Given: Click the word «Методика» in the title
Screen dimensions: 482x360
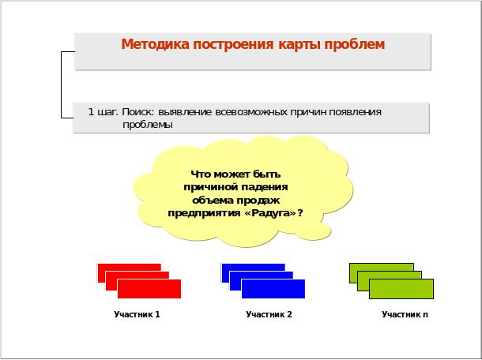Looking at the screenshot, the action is point(155,44).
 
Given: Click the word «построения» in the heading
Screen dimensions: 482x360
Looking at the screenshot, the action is point(233,45).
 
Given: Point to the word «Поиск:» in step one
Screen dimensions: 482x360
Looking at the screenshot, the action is point(137,112).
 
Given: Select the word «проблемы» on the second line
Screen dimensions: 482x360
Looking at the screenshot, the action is point(148,125).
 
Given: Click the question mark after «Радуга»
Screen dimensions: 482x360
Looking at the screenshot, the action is point(300,212).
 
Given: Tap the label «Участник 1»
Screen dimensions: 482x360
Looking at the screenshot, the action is point(137,314).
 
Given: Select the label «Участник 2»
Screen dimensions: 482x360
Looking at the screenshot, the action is point(269,314).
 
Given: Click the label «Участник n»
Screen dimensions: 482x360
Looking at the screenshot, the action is point(405,314).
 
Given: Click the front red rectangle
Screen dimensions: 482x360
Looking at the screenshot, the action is point(149,289).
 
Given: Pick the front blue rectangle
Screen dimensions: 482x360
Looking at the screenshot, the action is point(273,289).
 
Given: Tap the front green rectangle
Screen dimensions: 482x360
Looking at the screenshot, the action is point(401,289).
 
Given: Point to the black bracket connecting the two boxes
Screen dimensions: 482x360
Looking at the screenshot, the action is point(61,84).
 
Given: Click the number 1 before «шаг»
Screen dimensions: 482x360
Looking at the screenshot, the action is point(91,112).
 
